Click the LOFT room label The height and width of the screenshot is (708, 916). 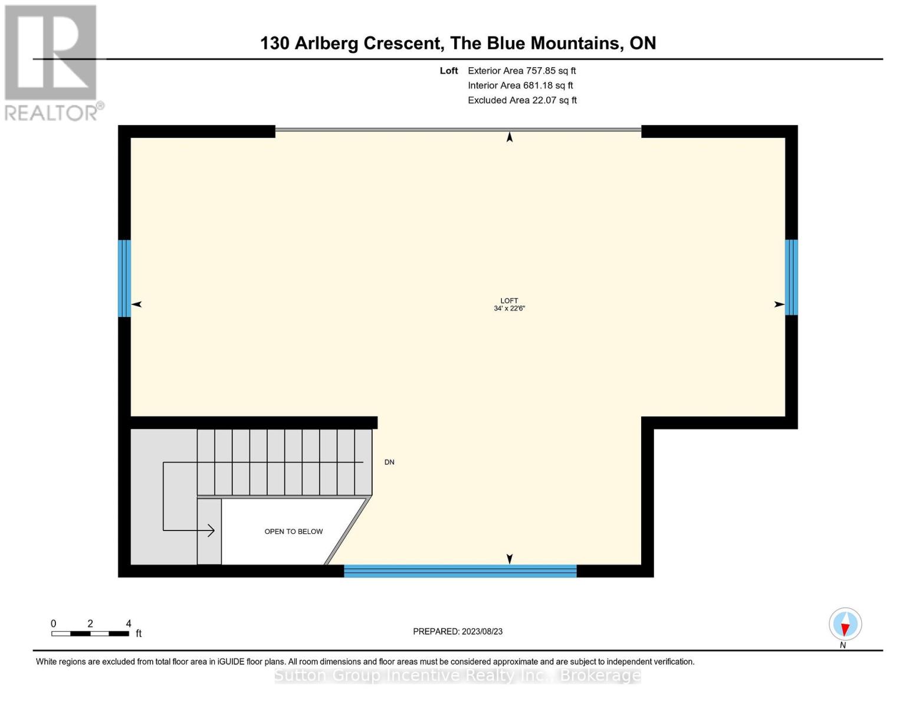coord(509,301)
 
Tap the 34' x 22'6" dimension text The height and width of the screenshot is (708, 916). coord(509,309)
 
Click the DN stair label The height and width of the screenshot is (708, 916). coord(389,462)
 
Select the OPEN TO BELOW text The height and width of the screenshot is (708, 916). coord(293,532)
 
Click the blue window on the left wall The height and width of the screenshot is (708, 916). coord(124,278)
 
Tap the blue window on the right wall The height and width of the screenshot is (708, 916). coord(792,277)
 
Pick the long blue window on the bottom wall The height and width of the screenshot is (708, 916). coord(460,571)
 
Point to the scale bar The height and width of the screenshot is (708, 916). coord(90,634)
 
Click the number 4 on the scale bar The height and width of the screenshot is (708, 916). coord(129,624)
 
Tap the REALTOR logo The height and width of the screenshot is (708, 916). coord(51,63)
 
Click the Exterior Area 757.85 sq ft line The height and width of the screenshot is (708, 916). coord(521,71)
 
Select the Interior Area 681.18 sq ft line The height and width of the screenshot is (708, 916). coord(520,86)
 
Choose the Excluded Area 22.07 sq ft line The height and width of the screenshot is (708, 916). coord(522,100)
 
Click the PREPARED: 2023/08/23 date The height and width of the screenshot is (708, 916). coord(458,631)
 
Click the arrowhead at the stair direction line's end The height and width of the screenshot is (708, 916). coord(211,530)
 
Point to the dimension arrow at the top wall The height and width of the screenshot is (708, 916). coord(510,137)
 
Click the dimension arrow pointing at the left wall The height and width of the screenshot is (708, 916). coord(137,304)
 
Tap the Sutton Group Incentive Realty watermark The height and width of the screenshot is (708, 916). coord(458,675)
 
